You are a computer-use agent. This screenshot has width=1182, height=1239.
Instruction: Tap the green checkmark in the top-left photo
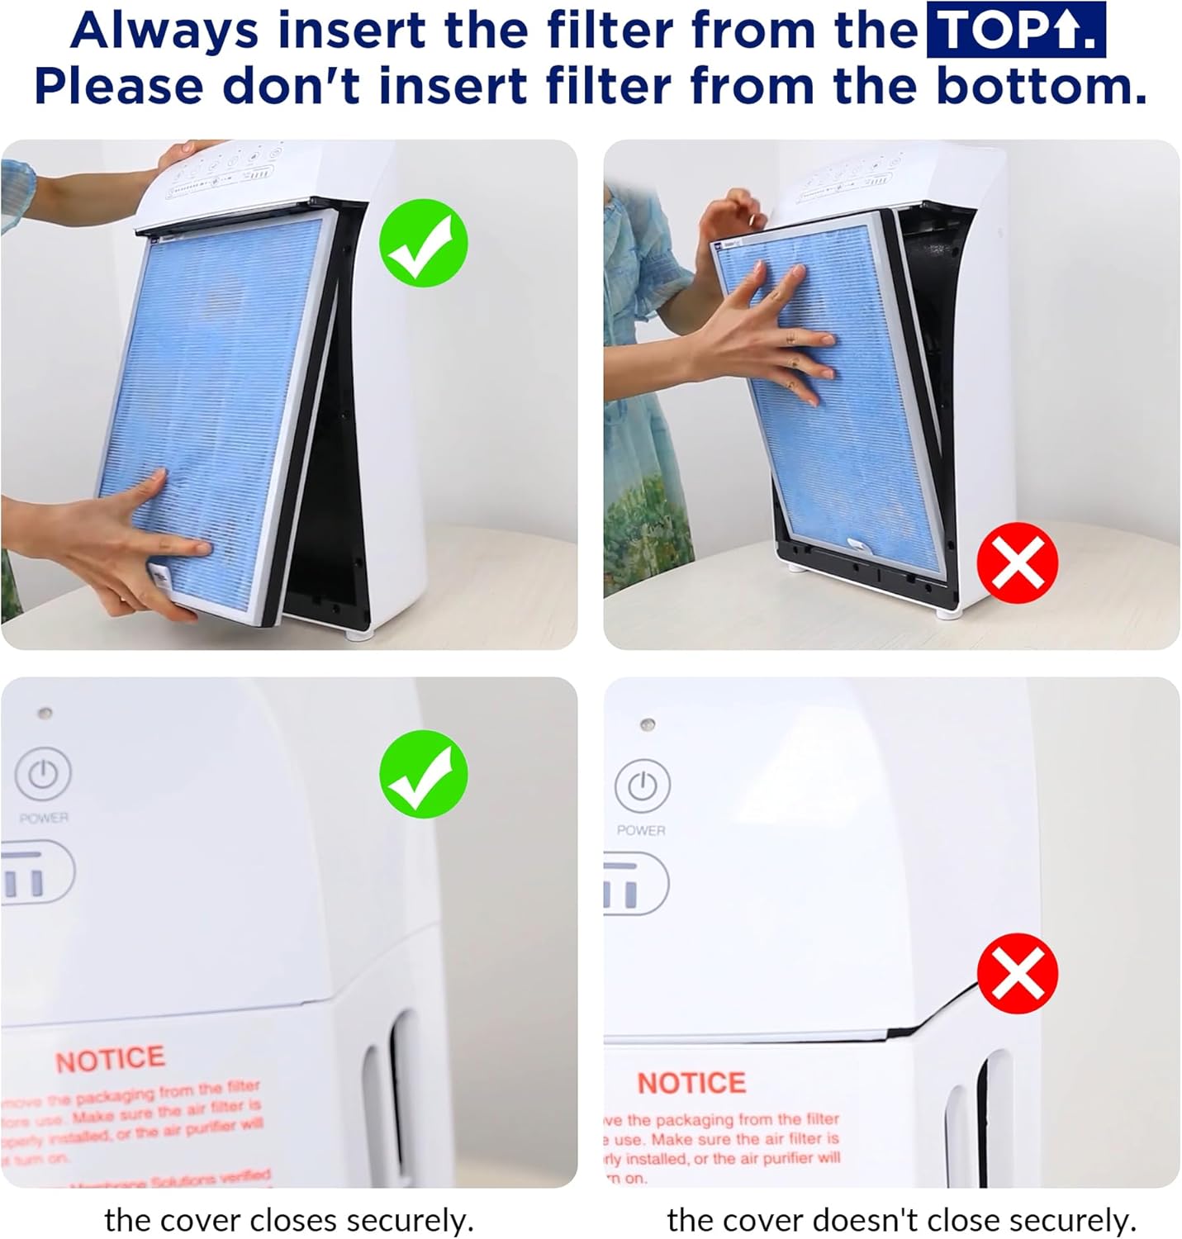[423, 243]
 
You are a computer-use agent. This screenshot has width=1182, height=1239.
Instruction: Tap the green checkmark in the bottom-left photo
[423, 774]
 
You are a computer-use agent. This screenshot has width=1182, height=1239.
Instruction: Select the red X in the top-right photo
[1017, 563]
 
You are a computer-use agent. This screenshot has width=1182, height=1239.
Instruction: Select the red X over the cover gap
[1017, 973]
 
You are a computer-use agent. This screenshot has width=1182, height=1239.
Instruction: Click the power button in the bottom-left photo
[43, 774]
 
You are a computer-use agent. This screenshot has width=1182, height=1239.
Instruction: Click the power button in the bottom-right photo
[642, 786]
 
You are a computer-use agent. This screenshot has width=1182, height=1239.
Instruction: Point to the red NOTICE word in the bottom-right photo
[691, 1082]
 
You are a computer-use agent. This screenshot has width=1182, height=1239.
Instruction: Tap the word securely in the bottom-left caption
[408, 1220]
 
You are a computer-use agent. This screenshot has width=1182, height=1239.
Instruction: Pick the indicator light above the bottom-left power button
[45, 712]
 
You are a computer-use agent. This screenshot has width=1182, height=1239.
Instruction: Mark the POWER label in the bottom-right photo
[640, 829]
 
